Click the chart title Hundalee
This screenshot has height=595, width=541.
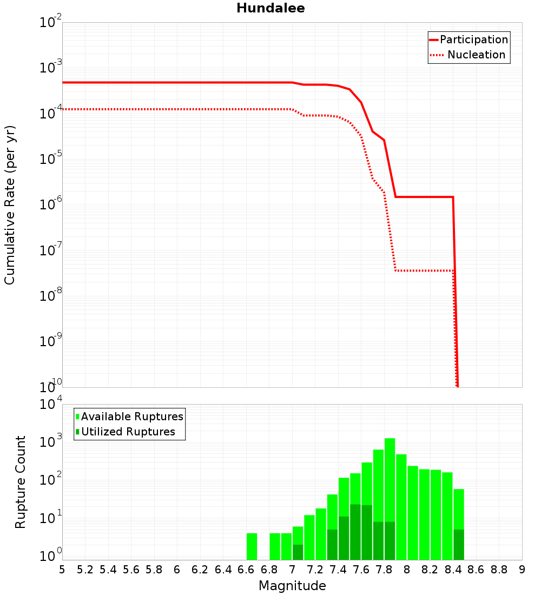(270, 9)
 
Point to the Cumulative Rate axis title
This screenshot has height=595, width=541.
(10, 205)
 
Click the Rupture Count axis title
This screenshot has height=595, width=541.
(21, 482)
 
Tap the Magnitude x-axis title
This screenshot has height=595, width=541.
(292, 586)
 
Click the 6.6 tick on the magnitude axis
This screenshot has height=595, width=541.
(246, 570)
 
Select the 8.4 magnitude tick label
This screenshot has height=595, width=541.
(453, 570)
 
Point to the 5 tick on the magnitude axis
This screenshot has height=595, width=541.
(62, 570)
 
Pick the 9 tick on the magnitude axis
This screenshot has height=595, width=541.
(522, 570)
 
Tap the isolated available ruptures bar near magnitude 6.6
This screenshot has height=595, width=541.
(252, 546)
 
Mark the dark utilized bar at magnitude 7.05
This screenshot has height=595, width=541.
(298, 552)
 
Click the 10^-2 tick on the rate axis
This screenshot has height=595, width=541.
(51, 23)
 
